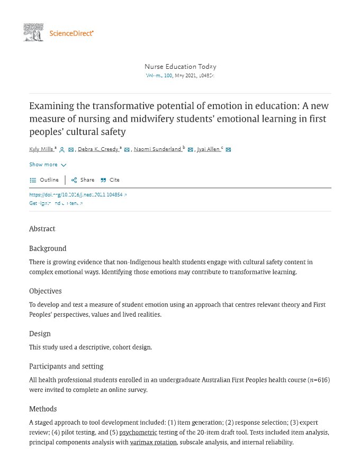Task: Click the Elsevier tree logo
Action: point(33,32)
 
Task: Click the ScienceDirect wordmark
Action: point(71,33)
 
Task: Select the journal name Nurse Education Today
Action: point(180,67)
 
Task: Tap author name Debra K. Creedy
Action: point(98,149)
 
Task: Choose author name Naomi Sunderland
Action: point(158,149)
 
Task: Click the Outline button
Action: point(44,180)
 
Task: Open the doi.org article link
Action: point(77,195)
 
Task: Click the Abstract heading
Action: point(42,229)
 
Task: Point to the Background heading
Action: point(48,248)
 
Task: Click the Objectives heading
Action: point(46,291)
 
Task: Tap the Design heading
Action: point(40,334)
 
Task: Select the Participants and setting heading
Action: point(66,366)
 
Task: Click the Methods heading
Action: point(43,409)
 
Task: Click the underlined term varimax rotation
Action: point(153,442)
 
